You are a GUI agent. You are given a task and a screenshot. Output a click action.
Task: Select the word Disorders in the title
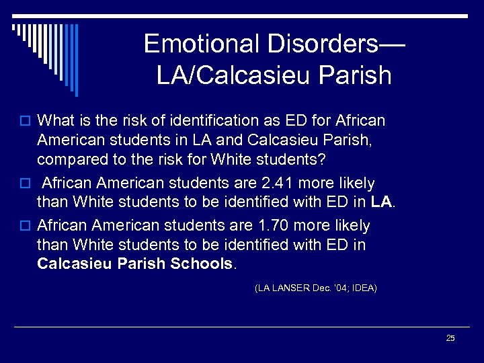tap(329, 44)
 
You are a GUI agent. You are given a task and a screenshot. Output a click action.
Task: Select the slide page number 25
tap(450, 338)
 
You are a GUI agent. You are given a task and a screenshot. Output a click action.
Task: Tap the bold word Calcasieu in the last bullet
tap(75, 264)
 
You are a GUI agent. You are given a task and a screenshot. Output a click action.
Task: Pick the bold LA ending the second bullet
tap(380, 201)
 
